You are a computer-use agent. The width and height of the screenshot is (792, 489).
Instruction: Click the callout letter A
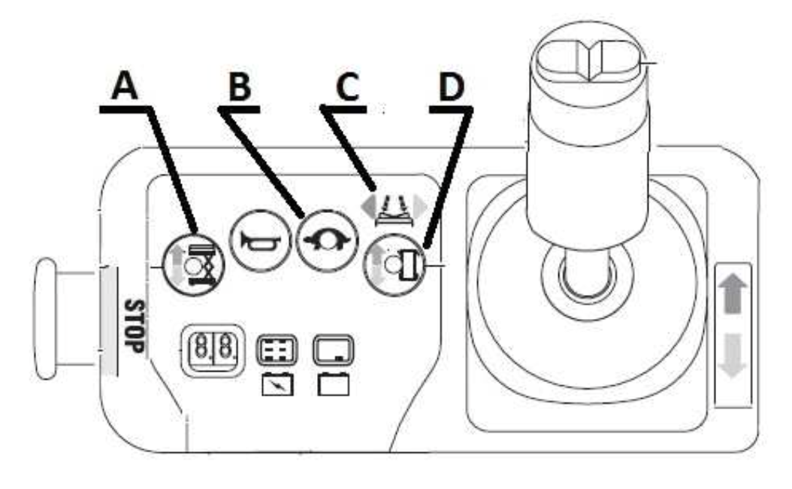pos(125,86)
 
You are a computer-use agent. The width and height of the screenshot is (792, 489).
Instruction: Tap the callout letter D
pos(452,87)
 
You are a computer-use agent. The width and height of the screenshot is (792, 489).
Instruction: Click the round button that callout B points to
pos(327,241)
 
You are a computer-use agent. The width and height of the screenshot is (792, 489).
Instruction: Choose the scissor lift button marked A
pos(193,265)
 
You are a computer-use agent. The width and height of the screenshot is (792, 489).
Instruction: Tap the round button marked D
pos(394,265)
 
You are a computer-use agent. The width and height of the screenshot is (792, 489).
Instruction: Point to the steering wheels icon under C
pos(394,210)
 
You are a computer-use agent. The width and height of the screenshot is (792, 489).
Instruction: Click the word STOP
pos(135,327)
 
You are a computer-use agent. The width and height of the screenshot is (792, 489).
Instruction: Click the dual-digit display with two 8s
pos(213,351)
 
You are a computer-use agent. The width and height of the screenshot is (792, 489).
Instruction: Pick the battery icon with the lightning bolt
pos(277,384)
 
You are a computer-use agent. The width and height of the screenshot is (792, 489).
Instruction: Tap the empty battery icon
pos(334,384)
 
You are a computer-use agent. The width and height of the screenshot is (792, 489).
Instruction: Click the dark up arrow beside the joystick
pos(733,295)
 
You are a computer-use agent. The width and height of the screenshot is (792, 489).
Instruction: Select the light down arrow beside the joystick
pos(733,356)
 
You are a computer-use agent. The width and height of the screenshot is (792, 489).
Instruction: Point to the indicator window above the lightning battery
pos(277,350)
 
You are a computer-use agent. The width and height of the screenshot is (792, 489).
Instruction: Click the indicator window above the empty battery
pos(334,350)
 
